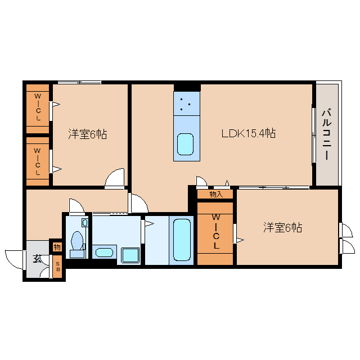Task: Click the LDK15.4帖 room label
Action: click(x=249, y=133)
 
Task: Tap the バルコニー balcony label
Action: click(x=327, y=134)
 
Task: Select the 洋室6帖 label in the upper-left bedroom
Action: click(x=88, y=134)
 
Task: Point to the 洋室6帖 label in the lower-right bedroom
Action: click(x=282, y=227)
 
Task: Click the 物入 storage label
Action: click(x=216, y=195)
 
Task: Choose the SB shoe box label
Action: click(x=58, y=267)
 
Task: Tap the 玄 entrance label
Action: click(x=38, y=259)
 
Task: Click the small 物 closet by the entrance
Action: click(x=57, y=247)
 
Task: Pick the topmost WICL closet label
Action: click(x=38, y=107)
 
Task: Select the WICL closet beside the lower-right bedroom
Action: click(x=216, y=231)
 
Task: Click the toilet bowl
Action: click(x=78, y=241)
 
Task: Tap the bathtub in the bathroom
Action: click(x=182, y=240)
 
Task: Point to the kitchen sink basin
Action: click(x=185, y=144)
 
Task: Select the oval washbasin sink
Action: click(x=104, y=253)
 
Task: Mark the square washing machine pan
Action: click(x=130, y=255)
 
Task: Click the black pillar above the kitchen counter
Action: click(x=187, y=88)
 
